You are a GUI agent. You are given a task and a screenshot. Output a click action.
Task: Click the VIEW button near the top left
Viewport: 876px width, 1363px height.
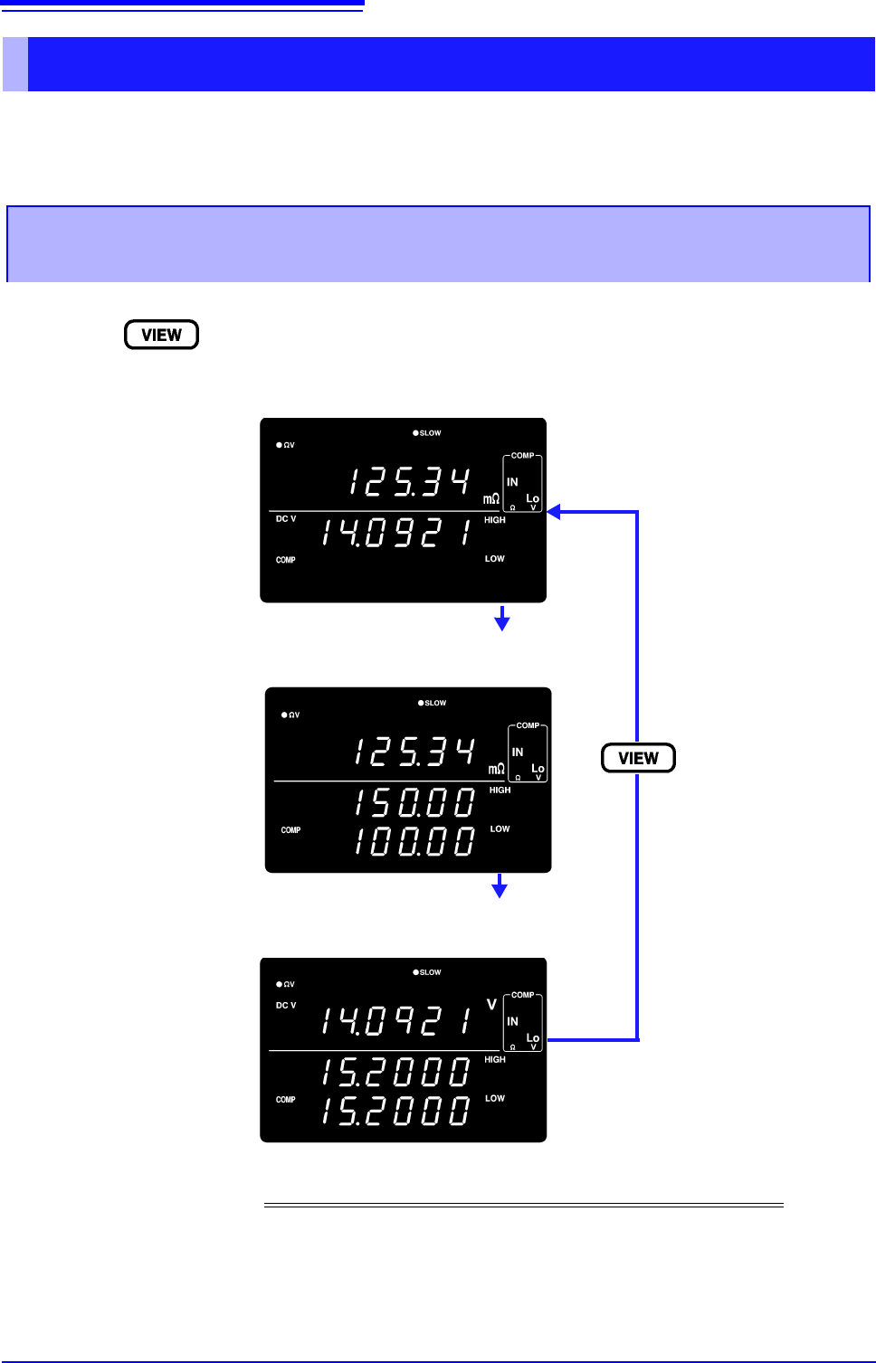pos(161,335)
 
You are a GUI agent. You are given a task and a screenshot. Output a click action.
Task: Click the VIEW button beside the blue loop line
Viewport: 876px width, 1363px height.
pos(638,758)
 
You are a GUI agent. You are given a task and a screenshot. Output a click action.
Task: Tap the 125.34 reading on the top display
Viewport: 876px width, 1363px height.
pos(410,482)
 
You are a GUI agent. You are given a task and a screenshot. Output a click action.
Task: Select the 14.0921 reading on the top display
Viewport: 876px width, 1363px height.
pos(396,534)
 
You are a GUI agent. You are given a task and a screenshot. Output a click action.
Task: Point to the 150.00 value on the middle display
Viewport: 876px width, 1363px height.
pos(414,803)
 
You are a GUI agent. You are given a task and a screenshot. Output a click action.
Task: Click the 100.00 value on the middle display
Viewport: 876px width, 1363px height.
pos(414,841)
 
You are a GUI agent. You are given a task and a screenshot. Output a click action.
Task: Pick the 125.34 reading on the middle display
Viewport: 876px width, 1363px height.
pos(414,752)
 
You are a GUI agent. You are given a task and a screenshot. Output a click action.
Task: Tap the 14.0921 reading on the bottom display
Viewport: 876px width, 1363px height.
pos(396,1021)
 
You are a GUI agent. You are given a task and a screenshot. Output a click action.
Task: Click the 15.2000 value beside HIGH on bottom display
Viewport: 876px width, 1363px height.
pos(396,1073)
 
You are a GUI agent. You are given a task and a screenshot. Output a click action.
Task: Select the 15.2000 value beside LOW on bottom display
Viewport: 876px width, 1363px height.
pos(396,1111)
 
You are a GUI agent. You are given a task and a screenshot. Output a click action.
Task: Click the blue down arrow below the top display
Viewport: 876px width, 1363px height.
pos(501,620)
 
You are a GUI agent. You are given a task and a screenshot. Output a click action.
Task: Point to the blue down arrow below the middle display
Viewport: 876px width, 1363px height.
pos(499,887)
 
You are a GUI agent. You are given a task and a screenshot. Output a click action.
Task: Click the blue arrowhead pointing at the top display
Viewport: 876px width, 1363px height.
pos(554,512)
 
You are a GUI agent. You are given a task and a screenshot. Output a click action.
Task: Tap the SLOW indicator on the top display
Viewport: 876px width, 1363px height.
pos(427,433)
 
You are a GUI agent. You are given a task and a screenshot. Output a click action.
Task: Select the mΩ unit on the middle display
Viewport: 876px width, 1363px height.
pos(496,769)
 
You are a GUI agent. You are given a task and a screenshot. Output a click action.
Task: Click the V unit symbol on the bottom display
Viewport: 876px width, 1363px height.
pos(491,1004)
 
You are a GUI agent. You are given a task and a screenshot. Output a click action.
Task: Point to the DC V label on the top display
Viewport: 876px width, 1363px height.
pos(286,519)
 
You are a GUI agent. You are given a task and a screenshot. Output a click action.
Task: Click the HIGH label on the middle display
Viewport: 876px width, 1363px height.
pos(500,790)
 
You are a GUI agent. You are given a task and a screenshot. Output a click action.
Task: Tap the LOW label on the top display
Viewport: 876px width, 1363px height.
pos(494,559)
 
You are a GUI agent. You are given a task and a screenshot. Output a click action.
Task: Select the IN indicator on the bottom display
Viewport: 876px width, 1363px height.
pos(512,1021)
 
